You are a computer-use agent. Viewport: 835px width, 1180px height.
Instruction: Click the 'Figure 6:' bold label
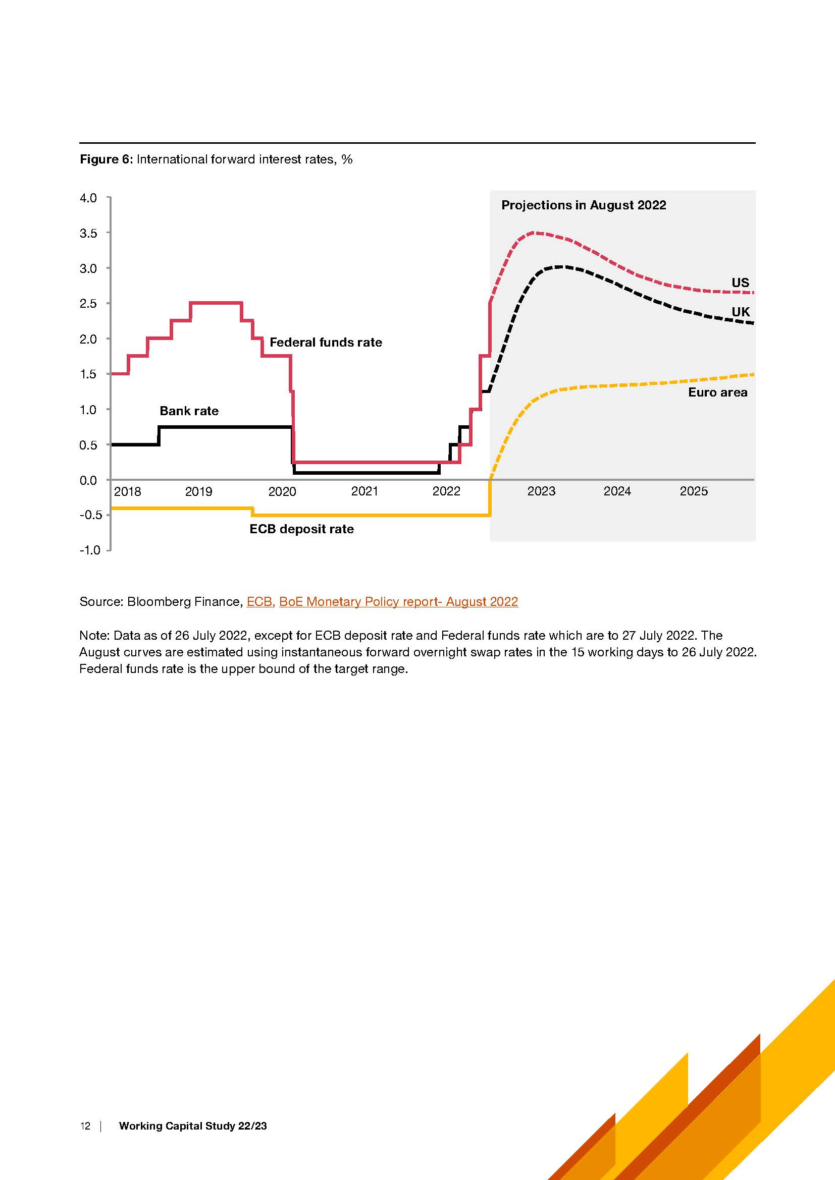pos(107,159)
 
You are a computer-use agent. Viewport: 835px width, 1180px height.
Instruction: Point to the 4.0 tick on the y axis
pos(88,198)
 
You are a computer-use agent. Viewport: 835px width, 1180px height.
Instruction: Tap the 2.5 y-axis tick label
pos(88,304)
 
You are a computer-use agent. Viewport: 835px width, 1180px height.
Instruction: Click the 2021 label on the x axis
pos(364,491)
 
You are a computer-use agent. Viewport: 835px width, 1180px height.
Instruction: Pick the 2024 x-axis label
pos(617,491)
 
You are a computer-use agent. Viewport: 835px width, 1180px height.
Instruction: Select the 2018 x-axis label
pos(127,491)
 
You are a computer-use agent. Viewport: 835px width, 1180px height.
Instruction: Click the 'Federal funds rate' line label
pos(326,342)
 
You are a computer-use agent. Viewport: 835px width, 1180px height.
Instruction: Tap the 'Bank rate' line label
pos(189,411)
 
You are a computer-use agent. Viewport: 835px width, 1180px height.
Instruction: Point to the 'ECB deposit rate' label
pos(301,529)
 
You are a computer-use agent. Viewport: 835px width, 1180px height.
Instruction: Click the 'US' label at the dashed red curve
pos(741,283)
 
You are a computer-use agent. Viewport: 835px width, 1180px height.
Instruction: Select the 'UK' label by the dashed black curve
pos(741,312)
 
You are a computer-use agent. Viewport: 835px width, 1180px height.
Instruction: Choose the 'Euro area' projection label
pos(718,392)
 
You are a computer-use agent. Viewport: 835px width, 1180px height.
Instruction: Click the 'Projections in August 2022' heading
pos(584,205)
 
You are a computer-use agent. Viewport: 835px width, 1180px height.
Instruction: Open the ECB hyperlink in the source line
pos(259,602)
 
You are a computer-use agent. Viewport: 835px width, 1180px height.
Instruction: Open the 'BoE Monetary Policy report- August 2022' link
pos(398,602)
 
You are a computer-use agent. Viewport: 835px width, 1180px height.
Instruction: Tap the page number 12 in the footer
pos(85,1126)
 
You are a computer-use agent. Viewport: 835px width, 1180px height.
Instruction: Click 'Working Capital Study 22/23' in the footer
pos(193,1126)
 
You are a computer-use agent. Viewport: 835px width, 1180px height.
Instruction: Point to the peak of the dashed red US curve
pos(535,233)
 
